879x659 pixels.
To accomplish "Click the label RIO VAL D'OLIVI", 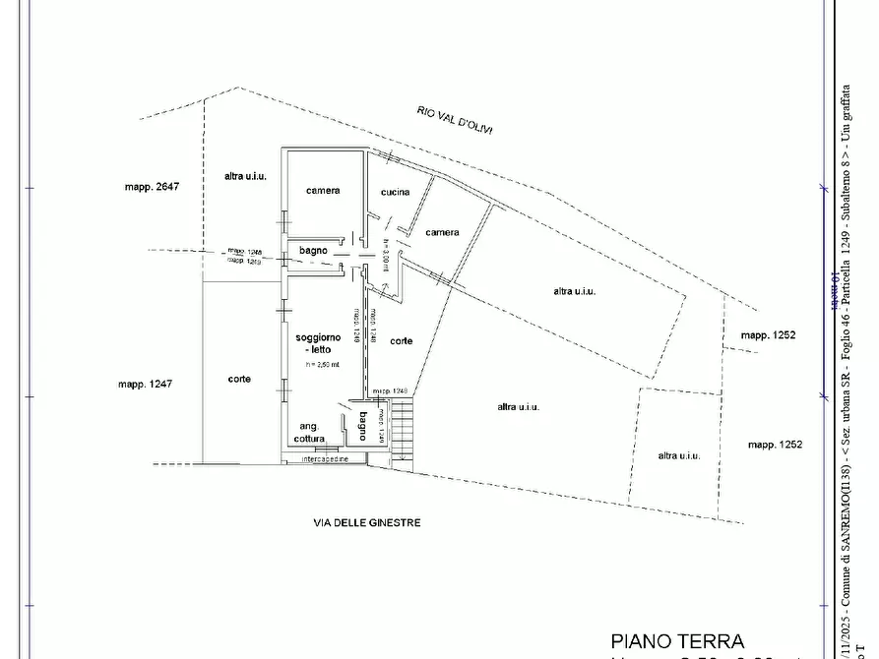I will [455, 121].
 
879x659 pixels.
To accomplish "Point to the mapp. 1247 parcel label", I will [145, 384].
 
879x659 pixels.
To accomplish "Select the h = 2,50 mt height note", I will [322, 365].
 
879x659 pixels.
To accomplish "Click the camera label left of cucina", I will [322, 191].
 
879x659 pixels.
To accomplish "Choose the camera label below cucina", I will [442, 233].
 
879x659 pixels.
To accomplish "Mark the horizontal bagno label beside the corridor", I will [313, 252].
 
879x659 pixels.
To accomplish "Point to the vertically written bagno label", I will [362, 426].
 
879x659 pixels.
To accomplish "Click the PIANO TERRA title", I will [678, 642].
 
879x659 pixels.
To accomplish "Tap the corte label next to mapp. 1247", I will [238, 379].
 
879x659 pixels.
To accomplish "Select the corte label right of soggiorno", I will [401, 341].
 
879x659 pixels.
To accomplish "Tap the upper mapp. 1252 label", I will [768, 335].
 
